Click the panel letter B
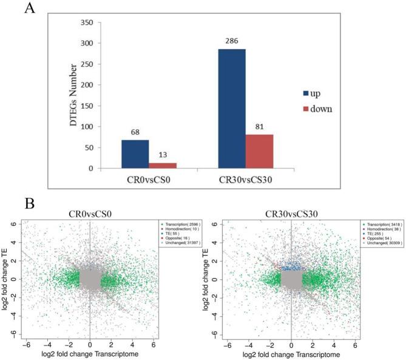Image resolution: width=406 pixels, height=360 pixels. pyautogui.click(x=30, y=202)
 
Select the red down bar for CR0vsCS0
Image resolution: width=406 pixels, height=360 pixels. pyautogui.click(x=163, y=165)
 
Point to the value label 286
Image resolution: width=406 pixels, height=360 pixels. pyautogui.click(x=228, y=42)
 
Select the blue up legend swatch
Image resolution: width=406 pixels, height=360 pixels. pyautogui.click(x=306, y=93)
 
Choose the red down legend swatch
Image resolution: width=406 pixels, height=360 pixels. pyautogui.click(x=306, y=110)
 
